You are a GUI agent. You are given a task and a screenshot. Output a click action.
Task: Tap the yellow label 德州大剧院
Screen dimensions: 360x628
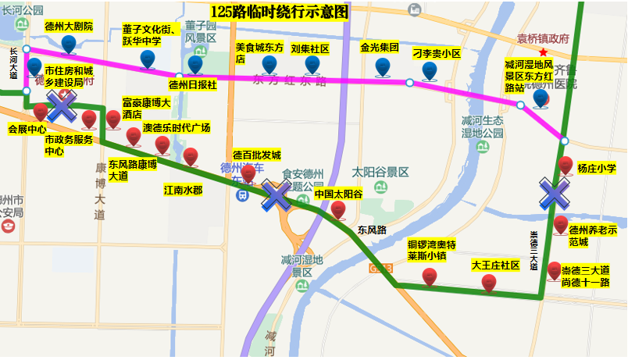pos(69,26)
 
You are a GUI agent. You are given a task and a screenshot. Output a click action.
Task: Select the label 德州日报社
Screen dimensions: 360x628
pos(193,84)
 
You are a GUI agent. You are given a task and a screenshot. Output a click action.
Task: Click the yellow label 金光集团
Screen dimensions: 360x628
pos(380,48)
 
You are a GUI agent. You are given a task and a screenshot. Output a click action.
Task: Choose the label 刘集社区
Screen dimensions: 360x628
pos(309,48)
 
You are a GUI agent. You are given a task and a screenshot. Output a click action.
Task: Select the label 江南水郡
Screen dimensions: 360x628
pos(183,189)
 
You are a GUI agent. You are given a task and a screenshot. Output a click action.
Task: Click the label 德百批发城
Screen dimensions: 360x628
pos(256,155)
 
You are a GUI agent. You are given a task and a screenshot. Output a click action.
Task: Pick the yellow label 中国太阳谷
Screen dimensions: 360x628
pos(339,194)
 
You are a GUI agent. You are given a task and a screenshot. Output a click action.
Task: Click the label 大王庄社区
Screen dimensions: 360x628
pos(495,266)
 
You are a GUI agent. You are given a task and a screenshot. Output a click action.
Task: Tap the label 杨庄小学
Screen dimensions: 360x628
pos(597,167)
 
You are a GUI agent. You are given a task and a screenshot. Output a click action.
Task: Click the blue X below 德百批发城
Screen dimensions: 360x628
pos(276,195)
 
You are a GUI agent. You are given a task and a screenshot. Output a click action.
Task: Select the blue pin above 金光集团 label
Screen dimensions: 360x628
pos(382,67)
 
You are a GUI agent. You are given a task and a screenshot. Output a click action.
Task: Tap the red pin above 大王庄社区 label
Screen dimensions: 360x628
pos(488,283)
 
